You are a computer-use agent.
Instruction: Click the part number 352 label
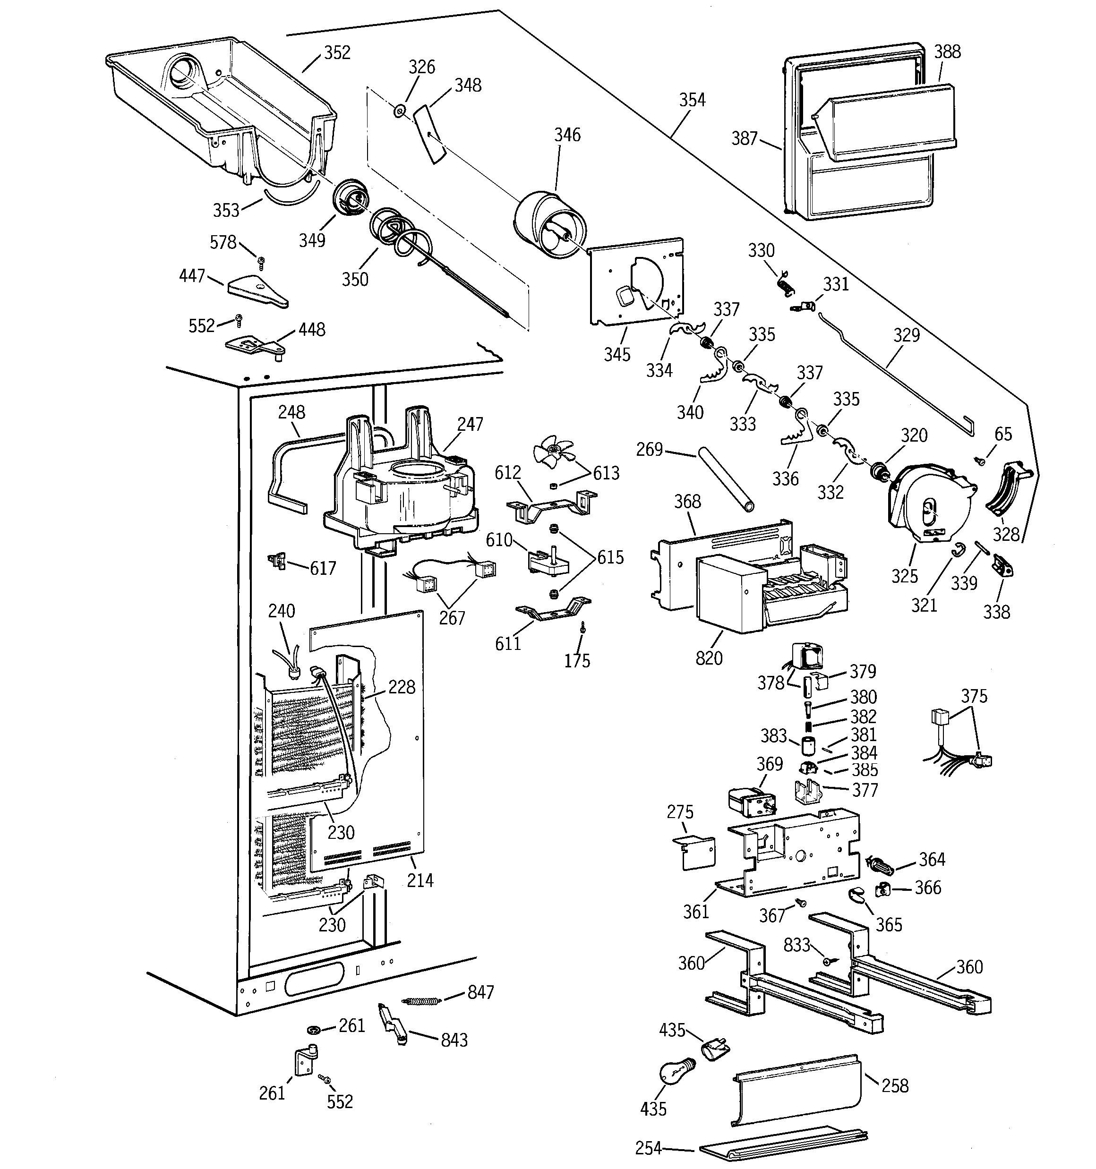pyautogui.click(x=337, y=53)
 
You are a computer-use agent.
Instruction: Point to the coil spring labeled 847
pyautogui.click(x=420, y=1000)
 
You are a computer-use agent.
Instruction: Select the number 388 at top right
pyautogui.click(x=947, y=52)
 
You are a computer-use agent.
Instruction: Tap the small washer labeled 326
pyautogui.click(x=400, y=110)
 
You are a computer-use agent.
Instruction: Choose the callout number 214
pyautogui.click(x=420, y=880)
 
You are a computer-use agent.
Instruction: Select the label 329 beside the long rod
pyautogui.click(x=906, y=335)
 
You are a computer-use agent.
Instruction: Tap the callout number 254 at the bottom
pyautogui.click(x=648, y=1148)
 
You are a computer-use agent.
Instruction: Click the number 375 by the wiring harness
pyautogui.click(x=974, y=696)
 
